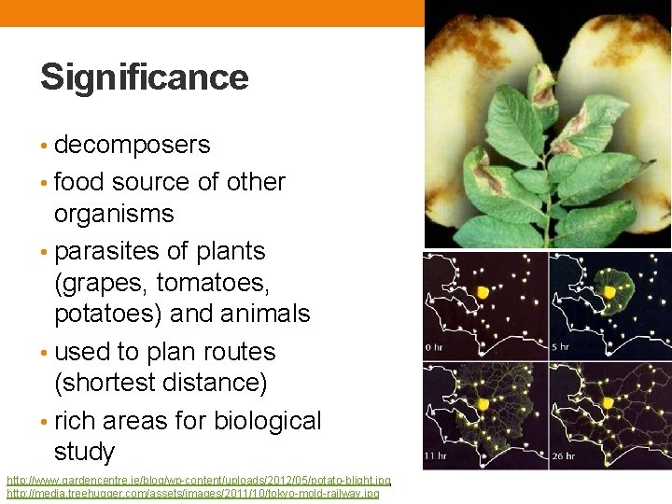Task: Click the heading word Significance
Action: click(144, 77)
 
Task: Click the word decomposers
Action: click(132, 146)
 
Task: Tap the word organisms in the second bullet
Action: click(114, 214)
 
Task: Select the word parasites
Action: click(105, 251)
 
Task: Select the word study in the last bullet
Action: click(84, 453)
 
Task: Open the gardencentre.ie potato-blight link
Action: click(199, 481)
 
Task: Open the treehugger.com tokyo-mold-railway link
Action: click(192, 494)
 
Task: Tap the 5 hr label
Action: click(560, 347)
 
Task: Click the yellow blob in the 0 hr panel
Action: click(483, 292)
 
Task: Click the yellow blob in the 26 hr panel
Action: click(609, 403)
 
